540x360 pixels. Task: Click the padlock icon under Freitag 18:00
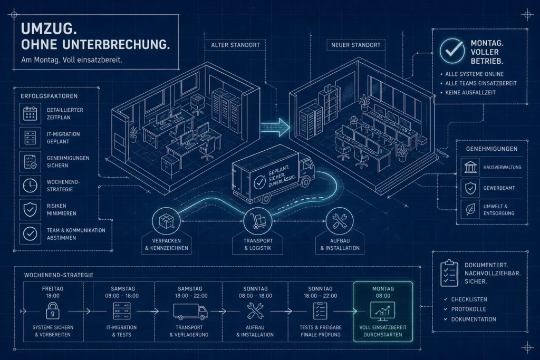coord(53,311)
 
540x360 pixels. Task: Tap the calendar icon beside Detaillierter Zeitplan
coord(30,113)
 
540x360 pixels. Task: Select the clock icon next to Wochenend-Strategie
coord(30,186)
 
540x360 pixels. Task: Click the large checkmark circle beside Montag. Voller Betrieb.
coord(452,51)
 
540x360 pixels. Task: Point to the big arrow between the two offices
coord(275,128)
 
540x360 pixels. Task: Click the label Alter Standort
coord(236,45)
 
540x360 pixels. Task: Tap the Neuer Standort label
coord(356,45)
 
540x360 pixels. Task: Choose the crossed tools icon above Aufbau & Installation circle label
coord(340,221)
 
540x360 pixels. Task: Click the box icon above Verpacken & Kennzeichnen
coord(166,221)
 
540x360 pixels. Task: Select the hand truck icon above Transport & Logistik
coord(257,221)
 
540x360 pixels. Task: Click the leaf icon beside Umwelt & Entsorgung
coord(470,209)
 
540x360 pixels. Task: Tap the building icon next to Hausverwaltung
coord(470,167)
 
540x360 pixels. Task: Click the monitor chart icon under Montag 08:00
coord(382,311)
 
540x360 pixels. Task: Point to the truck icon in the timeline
coord(190,312)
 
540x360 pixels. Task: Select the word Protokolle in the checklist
coord(468,309)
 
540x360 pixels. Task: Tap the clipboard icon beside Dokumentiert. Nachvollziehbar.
coord(449,273)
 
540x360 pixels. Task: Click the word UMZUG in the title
coord(49,29)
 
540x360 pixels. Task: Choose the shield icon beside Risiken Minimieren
coord(30,209)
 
